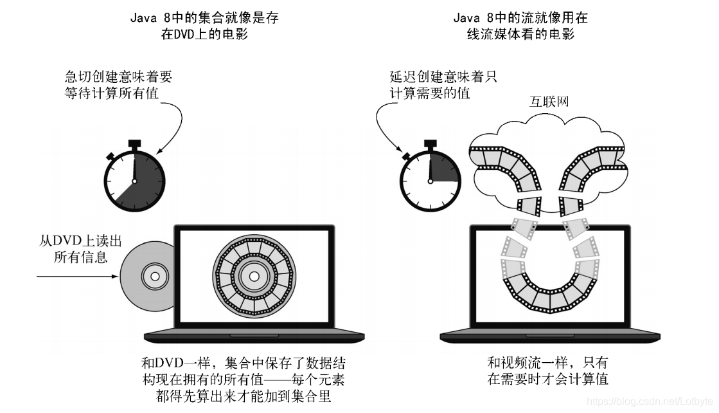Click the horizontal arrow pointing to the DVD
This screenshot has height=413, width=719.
(77, 277)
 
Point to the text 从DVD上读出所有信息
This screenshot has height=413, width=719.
(80, 250)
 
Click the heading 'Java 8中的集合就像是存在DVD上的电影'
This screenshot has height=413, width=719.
(204, 26)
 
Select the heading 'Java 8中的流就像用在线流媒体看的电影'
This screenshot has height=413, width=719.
(520, 26)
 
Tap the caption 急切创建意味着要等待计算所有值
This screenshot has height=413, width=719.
(118, 85)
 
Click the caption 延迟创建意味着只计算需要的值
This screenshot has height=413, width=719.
(443, 85)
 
